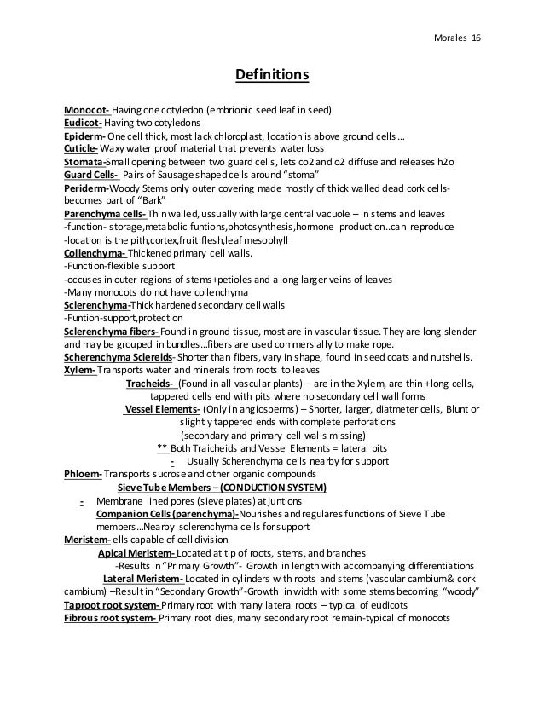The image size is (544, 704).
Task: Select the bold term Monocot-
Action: [85, 110]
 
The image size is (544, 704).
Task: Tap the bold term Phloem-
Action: [83, 474]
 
